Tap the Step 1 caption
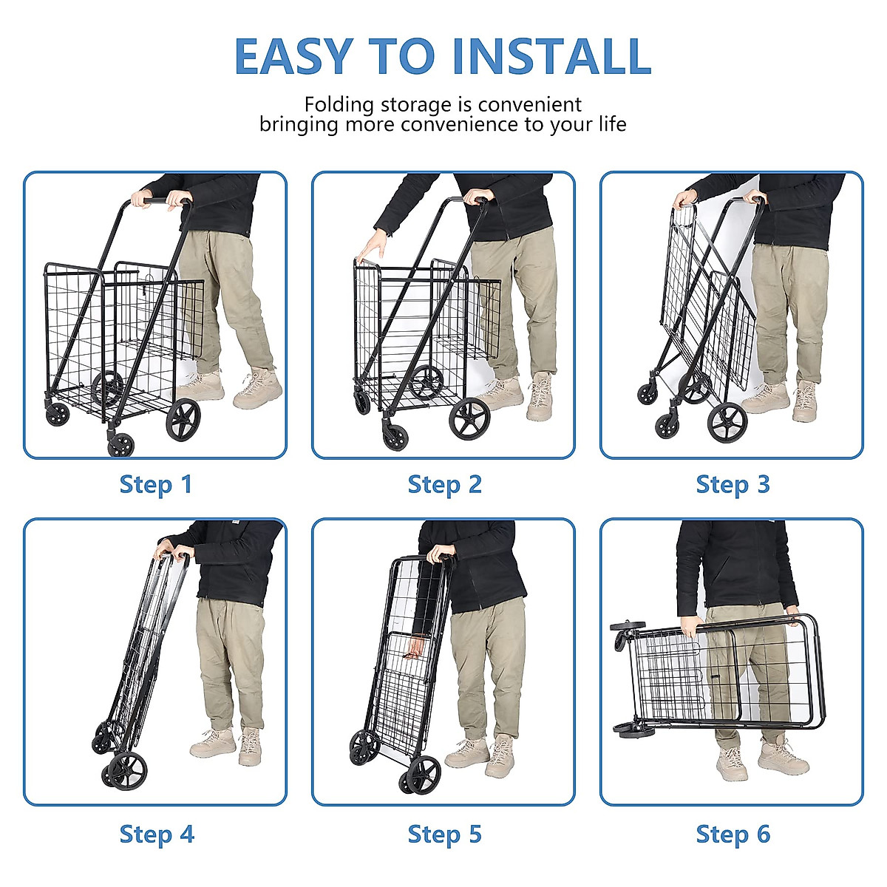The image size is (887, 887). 155,485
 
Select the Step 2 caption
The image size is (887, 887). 444,485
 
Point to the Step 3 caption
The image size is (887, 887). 733,485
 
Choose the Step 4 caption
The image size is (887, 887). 156,835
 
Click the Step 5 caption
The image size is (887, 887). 444,835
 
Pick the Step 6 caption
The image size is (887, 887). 733,835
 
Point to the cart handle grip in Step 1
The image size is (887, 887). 159,200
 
